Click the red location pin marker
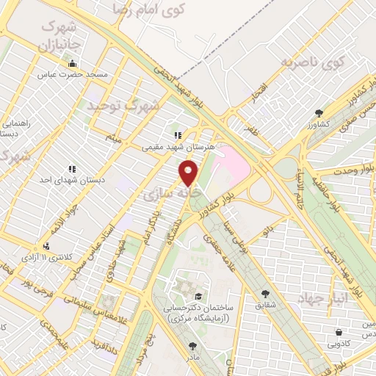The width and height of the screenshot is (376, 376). (x=189, y=173)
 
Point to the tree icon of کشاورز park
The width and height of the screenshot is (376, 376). (x=319, y=113)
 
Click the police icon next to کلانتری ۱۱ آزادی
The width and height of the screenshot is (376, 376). (x=48, y=247)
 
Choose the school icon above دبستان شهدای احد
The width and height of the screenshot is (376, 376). (x=71, y=168)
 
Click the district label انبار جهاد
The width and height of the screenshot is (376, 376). (x=324, y=297)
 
